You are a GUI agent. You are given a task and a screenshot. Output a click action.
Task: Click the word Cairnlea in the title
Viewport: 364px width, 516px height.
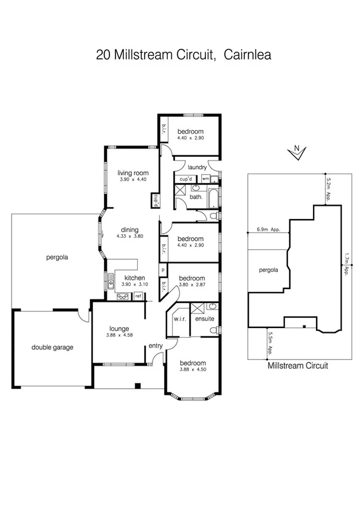click(247, 54)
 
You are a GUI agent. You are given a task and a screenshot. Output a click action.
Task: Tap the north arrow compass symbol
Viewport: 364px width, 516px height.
click(296, 153)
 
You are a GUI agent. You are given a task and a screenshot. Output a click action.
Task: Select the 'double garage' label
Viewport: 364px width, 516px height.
click(52, 347)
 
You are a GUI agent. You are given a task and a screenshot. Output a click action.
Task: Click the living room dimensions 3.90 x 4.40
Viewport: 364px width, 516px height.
click(133, 180)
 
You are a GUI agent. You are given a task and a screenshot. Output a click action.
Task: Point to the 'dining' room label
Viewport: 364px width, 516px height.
click(130, 229)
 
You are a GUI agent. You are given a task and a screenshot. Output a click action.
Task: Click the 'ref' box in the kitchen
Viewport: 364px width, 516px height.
click(139, 296)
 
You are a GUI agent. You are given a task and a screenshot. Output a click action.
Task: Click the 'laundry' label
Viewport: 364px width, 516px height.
click(198, 167)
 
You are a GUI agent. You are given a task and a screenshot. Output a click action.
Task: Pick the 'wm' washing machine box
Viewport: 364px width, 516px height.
click(205, 179)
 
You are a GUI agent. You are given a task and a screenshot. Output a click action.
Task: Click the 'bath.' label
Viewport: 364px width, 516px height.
click(196, 197)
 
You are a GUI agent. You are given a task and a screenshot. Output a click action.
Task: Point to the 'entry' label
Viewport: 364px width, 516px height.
click(156, 346)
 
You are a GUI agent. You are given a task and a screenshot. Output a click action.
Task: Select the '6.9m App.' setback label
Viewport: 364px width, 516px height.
click(268, 229)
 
